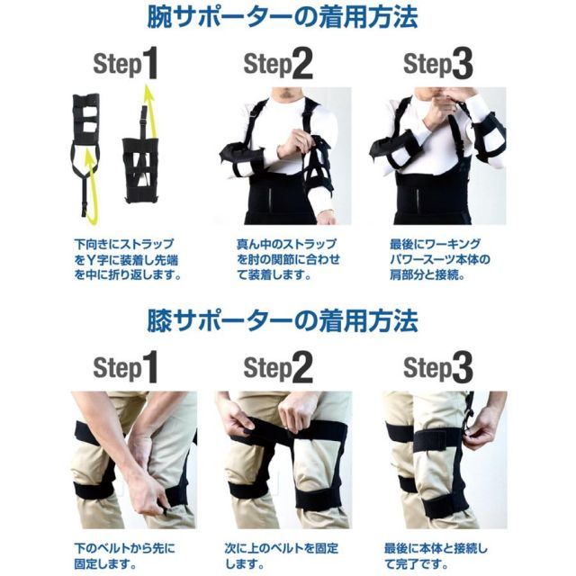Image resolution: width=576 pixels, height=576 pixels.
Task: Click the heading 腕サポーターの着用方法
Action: pyautogui.click(x=288, y=18)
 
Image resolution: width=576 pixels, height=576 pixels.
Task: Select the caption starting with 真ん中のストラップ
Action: pyautogui.click(x=276, y=259)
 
